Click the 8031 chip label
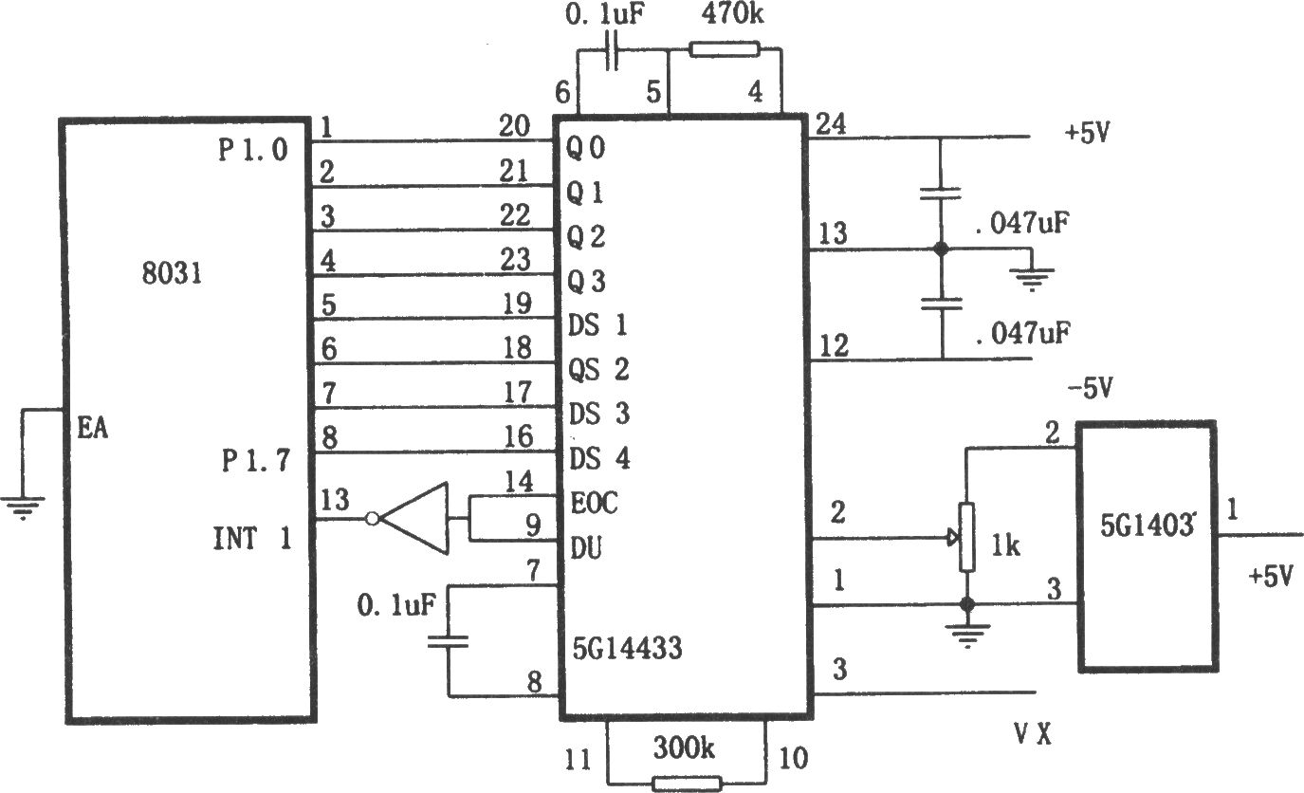click(172, 272)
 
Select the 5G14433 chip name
click(627, 648)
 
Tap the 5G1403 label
click(1147, 525)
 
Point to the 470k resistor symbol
click(725, 49)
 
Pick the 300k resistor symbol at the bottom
click(687, 784)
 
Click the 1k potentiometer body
click(967, 537)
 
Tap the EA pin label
click(93, 429)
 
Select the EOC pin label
click(594, 503)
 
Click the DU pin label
click(586, 548)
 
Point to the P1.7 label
click(255, 461)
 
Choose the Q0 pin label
click(586, 147)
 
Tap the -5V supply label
click(1090, 388)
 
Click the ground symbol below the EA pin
click(22, 507)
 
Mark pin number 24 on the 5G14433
click(831, 123)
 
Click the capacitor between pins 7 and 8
click(448, 641)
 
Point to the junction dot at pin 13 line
click(941, 249)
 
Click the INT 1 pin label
click(252, 538)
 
